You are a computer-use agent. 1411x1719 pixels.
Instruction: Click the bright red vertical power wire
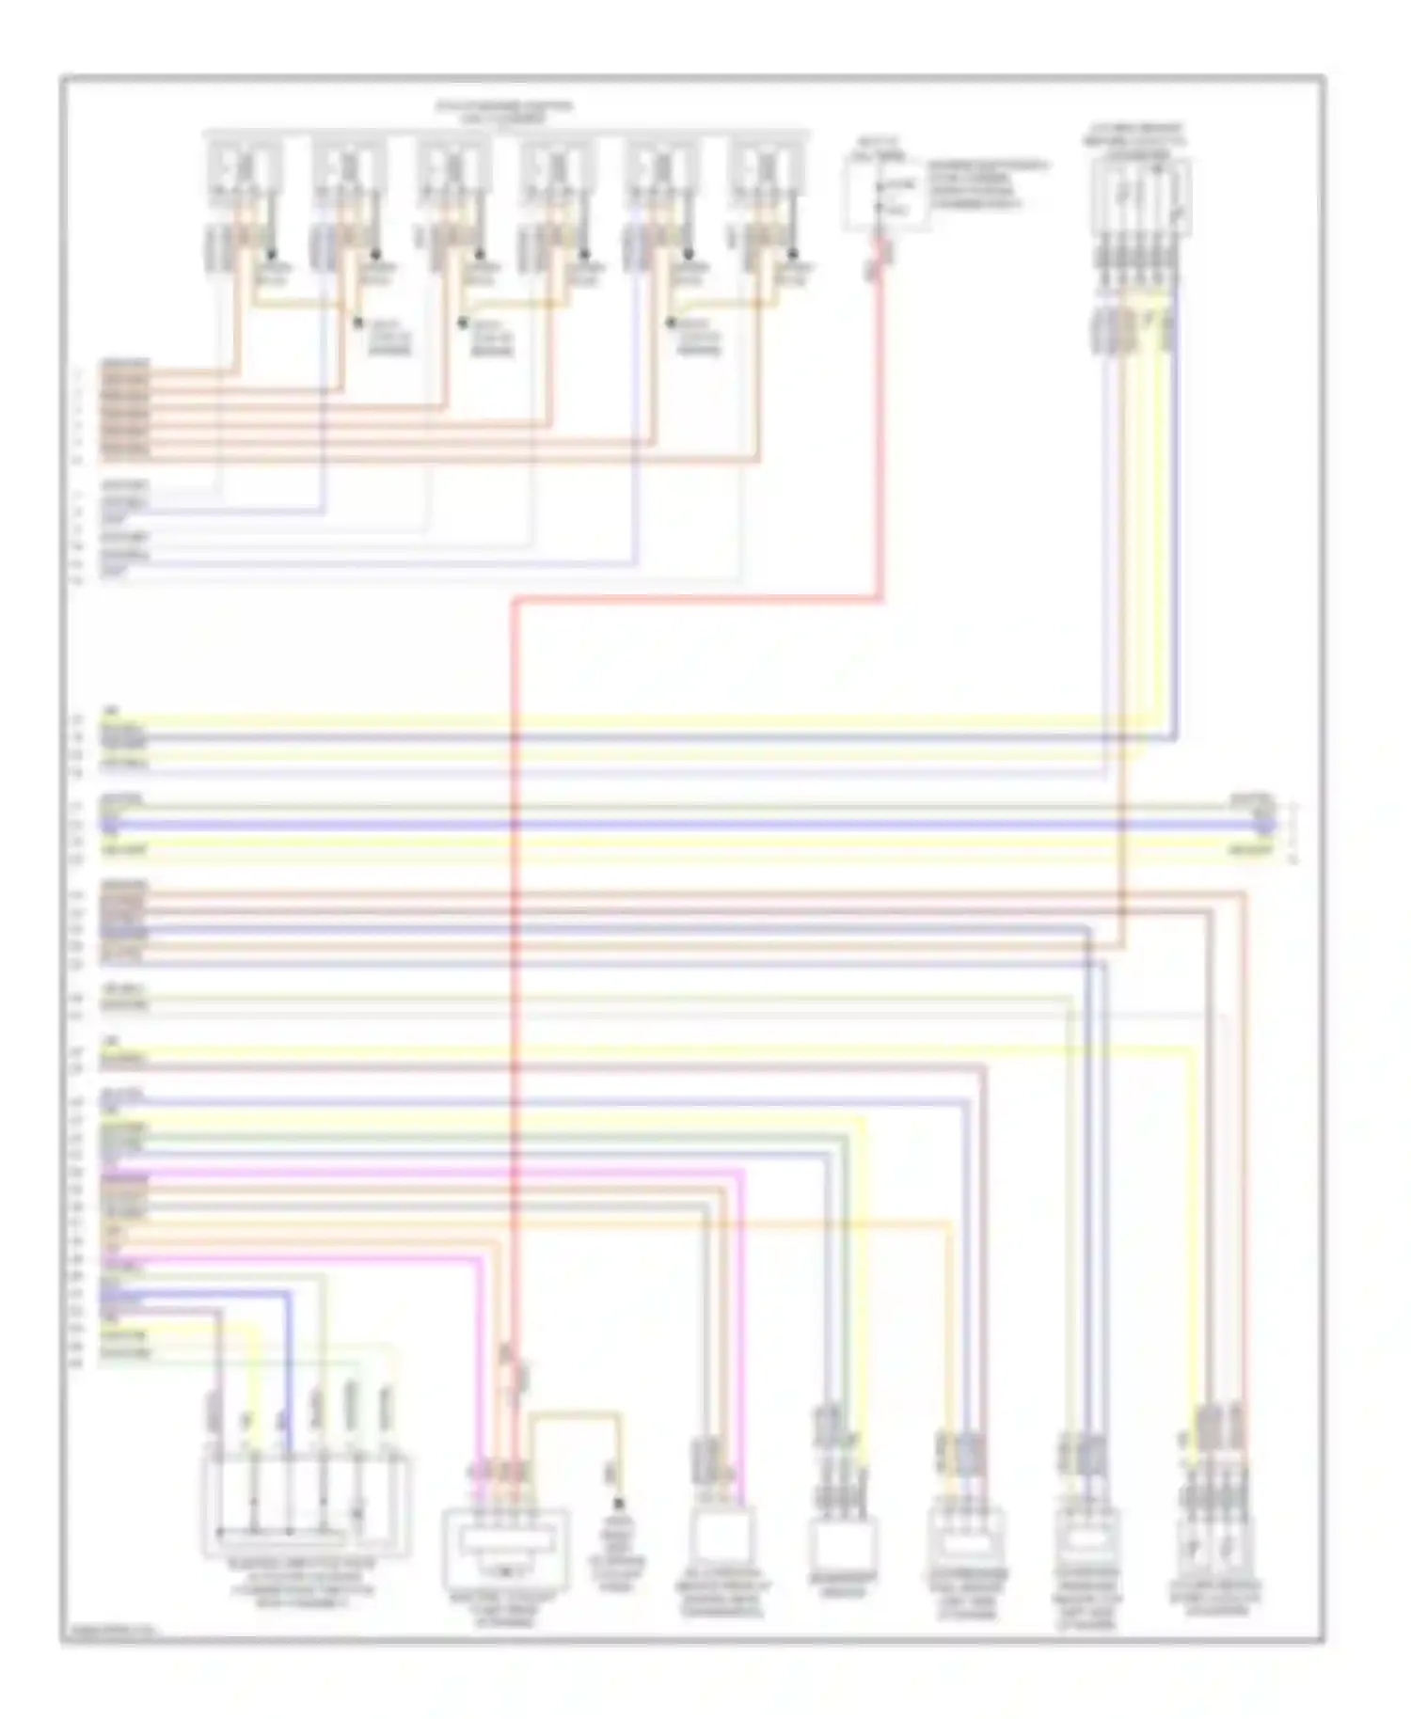(x=514, y=940)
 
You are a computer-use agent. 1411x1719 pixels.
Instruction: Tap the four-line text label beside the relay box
(x=988, y=184)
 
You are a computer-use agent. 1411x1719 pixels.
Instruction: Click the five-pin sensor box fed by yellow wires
(x=1140, y=197)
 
